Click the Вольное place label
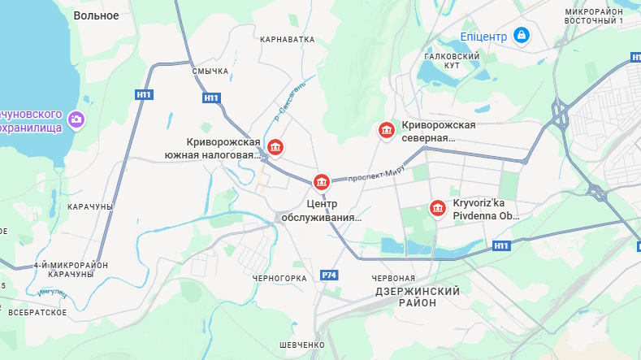96,15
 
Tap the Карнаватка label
287,39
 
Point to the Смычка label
210,72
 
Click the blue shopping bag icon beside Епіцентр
522,36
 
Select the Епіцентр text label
483,37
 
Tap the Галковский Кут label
453,59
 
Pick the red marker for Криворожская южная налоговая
276,147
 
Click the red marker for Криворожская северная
387,130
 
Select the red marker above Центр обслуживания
322,181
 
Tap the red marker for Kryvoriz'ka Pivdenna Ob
438,209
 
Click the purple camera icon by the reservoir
76,119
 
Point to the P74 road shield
329,275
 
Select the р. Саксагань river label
290,102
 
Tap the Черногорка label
279,278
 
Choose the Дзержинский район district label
418,296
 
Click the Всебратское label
37,311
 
